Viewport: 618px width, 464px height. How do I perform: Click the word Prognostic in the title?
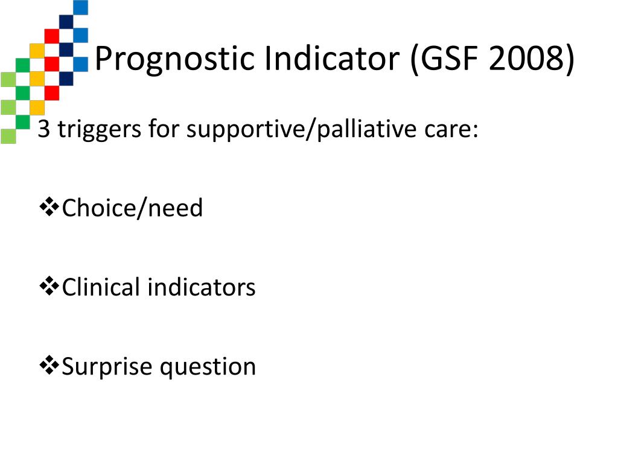pyautogui.click(x=174, y=59)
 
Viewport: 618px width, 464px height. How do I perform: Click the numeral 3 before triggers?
pyautogui.click(x=43, y=129)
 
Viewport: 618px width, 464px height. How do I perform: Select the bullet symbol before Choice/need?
pyautogui.click(x=49, y=207)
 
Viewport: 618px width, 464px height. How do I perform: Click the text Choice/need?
pyautogui.click(x=132, y=208)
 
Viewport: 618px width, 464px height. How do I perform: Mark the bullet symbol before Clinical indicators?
pyautogui.click(x=49, y=286)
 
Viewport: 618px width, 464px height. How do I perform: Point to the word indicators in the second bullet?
pyautogui.click(x=202, y=287)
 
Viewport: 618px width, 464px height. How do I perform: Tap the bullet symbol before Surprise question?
pyautogui.click(x=49, y=365)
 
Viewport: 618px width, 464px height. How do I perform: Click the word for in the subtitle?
pyautogui.click(x=164, y=129)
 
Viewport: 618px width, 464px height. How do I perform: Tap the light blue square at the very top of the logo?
pyautogui.click(x=81, y=7)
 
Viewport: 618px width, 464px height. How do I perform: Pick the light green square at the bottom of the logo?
pyautogui.click(x=8, y=136)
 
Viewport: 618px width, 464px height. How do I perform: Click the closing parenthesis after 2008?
pyautogui.click(x=570, y=59)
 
